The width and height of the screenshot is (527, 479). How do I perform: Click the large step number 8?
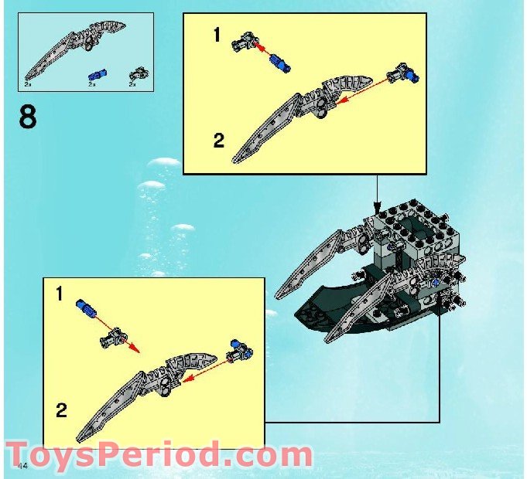[x=27, y=119]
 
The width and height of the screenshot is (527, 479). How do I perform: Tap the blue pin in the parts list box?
[x=97, y=74]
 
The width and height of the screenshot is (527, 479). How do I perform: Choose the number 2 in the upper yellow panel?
[x=219, y=141]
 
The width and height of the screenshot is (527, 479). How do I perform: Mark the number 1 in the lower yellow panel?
[x=60, y=294]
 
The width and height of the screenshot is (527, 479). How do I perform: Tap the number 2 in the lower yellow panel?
[x=60, y=409]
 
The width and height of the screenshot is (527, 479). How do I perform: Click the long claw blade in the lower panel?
[x=116, y=406]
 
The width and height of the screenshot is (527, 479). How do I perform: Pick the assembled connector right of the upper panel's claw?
[x=406, y=74]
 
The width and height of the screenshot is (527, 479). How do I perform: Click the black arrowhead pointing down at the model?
[x=378, y=208]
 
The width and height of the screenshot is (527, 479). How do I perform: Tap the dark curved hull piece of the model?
[x=325, y=305]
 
